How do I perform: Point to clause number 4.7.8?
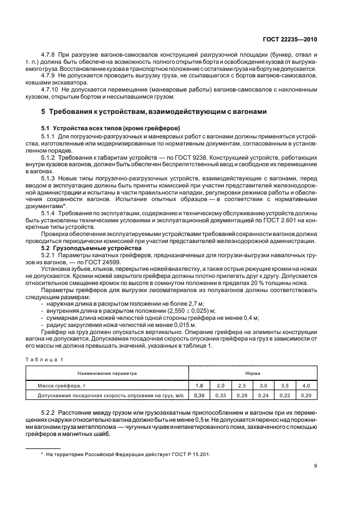click(50, 56)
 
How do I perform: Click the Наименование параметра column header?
click(107, 374)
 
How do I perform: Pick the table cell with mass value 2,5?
click(242, 385)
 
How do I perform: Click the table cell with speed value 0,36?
click(199, 394)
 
